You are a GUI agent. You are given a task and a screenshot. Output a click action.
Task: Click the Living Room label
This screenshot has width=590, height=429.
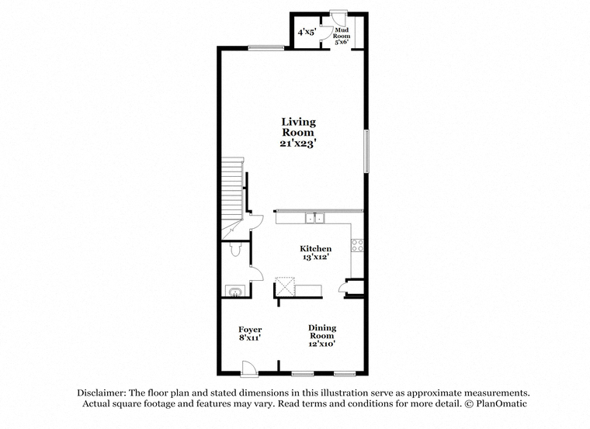298,127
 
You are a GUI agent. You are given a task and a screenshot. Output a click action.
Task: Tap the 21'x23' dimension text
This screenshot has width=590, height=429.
297,144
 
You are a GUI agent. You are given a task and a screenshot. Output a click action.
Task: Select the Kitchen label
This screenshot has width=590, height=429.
315,248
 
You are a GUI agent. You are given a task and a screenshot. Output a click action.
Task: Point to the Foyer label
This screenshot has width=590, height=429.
250,330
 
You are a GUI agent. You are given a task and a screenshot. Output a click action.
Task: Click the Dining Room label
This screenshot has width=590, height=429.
322,331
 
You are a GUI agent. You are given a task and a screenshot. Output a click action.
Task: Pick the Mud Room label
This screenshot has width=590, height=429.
342,33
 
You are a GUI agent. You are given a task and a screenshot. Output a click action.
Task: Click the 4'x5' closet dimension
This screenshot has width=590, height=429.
307,32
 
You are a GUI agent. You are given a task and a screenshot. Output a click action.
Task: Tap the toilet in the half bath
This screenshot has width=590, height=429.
235,248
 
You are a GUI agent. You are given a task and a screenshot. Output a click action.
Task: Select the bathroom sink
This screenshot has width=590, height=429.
235,292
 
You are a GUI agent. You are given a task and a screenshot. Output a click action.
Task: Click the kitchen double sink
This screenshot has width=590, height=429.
314,218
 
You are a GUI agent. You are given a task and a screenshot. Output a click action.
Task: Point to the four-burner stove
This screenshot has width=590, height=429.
357,245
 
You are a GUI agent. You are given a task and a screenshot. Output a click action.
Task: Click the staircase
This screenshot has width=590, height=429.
232,199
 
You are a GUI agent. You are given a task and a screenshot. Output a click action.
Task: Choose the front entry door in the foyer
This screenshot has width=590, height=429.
249,368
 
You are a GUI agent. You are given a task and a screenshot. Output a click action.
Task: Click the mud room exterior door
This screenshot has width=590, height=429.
338,17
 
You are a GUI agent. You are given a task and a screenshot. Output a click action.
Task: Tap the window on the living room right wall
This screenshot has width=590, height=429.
366,151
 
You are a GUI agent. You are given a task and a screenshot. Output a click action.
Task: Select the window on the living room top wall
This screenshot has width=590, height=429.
266,48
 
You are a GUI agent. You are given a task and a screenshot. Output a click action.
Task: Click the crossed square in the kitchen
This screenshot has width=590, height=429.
285,286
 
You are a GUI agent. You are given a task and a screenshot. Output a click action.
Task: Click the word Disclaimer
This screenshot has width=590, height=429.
101,393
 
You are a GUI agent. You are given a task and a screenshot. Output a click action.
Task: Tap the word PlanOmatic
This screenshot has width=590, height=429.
501,404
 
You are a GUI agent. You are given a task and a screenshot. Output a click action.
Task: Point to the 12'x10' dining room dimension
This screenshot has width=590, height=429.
322,344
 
